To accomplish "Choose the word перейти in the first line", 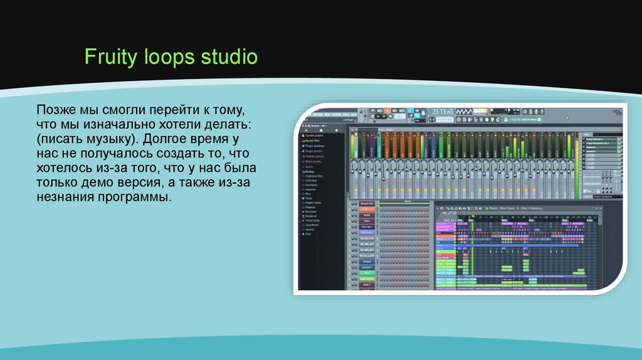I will pyautogui.click(x=179, y=109).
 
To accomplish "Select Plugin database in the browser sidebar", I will pyautogui.click(x=317, y=146).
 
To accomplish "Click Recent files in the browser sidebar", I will pyautogui.click(x=313, y=140).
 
